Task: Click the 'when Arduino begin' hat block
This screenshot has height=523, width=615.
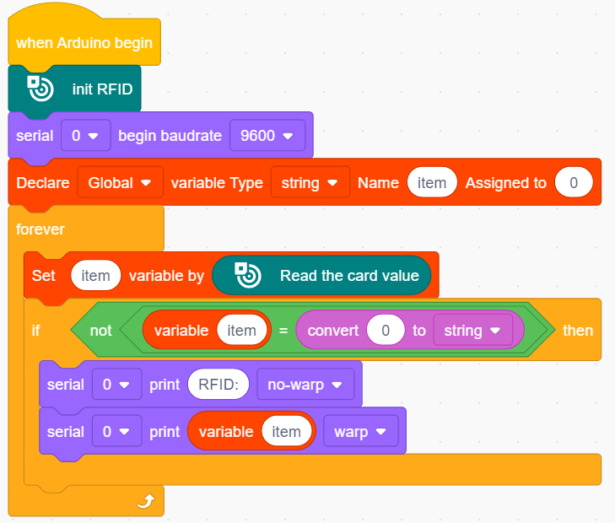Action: coord(84,42)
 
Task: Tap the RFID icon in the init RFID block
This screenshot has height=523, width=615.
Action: coord(40,89)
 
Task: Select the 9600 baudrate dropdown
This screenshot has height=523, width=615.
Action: coord(267,136)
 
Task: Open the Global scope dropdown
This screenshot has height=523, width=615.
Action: coord(120,182)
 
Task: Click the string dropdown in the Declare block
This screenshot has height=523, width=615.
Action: coord(310,182)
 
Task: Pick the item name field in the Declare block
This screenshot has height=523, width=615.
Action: coord(432,182)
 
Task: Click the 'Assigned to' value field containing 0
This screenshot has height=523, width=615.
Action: coord(574,182)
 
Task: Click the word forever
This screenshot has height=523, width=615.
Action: coord(40,229)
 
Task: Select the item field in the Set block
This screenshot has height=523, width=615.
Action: coord(95,275)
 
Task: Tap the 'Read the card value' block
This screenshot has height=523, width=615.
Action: coord(321,275)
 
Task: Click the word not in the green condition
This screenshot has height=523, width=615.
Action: coord(100,331)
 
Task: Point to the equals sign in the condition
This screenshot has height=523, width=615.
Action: coord(283,331)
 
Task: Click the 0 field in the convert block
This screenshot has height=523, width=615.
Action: coord(386,330)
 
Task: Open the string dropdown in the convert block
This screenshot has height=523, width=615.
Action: coord(473,330)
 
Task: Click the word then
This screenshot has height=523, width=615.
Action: coord(578,331)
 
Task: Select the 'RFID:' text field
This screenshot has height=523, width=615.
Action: coord(218,384)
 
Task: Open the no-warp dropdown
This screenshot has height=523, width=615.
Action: coord(305,384)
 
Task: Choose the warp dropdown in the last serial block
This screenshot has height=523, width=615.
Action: coord(361,431)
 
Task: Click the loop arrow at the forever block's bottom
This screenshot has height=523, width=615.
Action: coord(146,501)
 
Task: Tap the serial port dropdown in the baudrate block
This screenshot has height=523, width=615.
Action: coord(85,136)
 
